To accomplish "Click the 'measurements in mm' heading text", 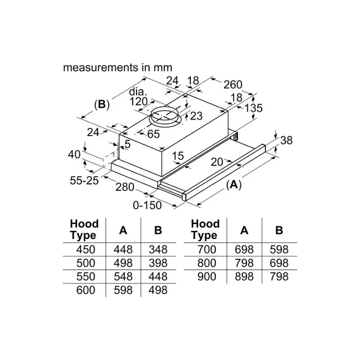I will coord(117,68).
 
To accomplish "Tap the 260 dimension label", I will coord(233,85).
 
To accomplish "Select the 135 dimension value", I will coord(253,108).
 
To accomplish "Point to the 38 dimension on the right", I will coord(286,140).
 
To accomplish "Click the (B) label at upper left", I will coord(102,104).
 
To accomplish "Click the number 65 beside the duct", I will coord(153,134).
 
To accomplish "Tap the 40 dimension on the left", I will coord(75,154).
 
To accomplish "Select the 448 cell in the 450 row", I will coord(123,249).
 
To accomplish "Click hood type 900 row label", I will coord(207,276).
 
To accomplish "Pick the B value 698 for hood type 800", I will coord(279,263).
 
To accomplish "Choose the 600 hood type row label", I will coord(86,290).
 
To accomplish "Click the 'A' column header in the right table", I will coord(244,230).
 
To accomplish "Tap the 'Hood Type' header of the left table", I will coord(84,229).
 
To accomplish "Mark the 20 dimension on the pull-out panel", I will coord(217,162).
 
